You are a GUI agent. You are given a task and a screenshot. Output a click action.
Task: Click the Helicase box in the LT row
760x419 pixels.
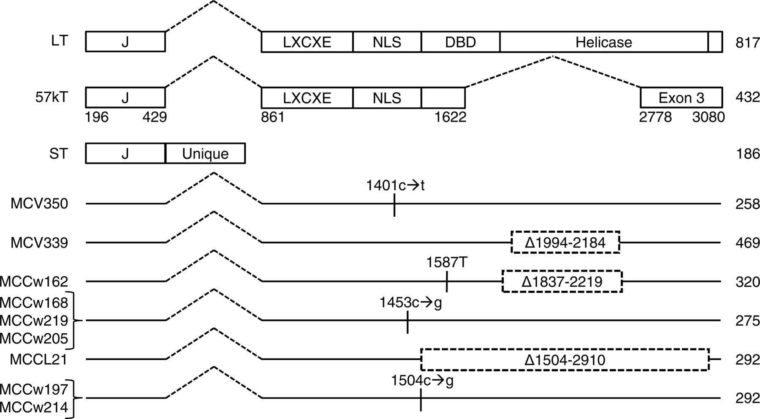click(603, 42)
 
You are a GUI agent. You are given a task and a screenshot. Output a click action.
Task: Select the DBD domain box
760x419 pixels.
click(460, 42)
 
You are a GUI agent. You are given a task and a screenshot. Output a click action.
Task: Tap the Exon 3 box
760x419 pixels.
click(681, 98)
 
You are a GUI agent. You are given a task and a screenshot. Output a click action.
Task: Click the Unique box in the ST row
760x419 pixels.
click(205, 154)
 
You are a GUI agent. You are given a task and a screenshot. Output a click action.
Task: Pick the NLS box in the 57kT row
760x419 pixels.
click(387, 98)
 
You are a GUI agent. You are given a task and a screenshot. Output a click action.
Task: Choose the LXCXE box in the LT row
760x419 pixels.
click(307, 42)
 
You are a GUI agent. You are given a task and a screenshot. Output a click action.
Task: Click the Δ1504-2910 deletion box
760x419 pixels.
click(565, 360)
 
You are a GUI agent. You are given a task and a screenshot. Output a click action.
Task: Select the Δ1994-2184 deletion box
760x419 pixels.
click(565, 243)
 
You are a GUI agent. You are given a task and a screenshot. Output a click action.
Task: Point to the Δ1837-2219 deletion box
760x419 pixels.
click(562, 282)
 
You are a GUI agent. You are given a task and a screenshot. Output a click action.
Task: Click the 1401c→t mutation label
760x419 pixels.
click(395, 185)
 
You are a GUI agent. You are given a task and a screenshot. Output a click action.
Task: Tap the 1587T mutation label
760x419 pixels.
click(446, 263)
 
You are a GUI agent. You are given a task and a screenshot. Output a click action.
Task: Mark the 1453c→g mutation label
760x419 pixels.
click(410, 302)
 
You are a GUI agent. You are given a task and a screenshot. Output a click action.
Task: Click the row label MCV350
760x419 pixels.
click(39, 204)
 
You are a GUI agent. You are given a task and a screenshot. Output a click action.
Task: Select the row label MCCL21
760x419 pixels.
click(39, 360)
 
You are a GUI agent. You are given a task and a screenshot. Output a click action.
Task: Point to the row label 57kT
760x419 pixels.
click(51, 98)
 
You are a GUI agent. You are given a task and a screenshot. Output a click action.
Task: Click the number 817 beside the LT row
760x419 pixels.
click(747, 42)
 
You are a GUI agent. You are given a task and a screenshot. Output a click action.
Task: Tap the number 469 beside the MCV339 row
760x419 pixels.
click(747, 243)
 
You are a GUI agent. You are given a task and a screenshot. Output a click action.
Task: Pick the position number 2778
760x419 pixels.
click(655, 117)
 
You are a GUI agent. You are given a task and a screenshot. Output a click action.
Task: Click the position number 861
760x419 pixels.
click(273, 117)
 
